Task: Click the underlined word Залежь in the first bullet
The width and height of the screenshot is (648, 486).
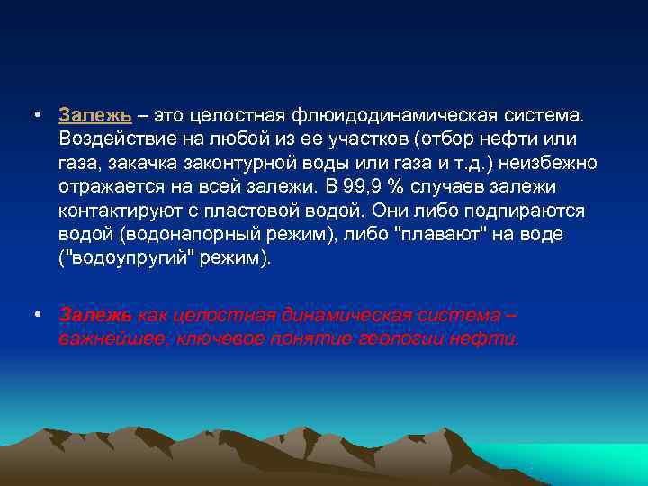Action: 95,116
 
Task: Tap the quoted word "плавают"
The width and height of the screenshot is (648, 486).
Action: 444,234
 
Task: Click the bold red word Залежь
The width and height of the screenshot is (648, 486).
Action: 95,315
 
